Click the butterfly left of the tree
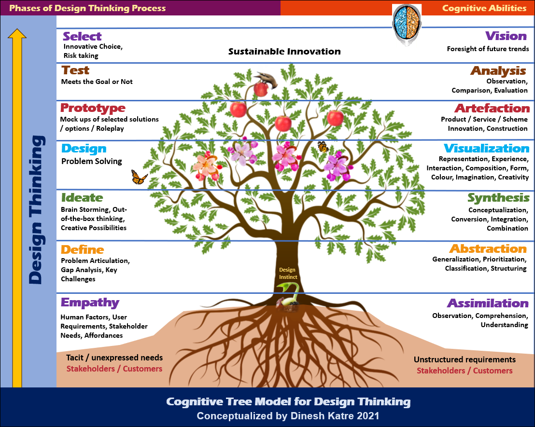tap(139, 177)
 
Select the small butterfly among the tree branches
tap(322, 147)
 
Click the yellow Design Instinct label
tap(288, 274)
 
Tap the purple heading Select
tap(82, 36)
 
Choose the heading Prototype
tap(93, 108)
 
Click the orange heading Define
tap(82, 249)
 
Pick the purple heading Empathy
tap(90, 303)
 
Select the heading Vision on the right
tap(506, 36)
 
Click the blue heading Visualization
tap(486, 148)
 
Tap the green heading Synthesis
tap(498, 198)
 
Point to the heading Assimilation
tap(488, 303)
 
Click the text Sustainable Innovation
tap(284, 52)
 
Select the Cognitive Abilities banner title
tap(484, 8)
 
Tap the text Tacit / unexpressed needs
tap(114, 358)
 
